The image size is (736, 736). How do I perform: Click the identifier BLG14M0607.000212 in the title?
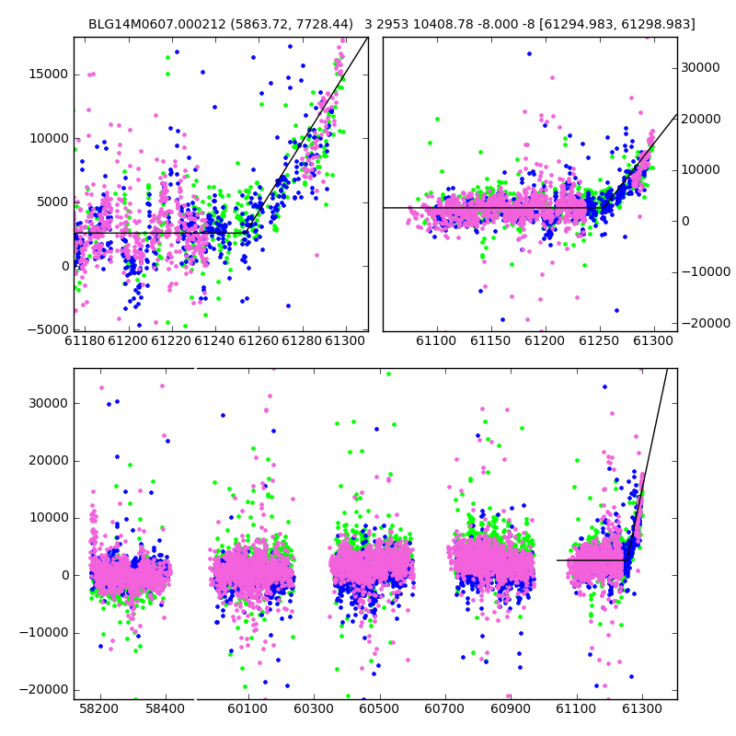tap(156, 24)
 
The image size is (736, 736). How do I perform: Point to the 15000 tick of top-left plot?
tap(49, 75)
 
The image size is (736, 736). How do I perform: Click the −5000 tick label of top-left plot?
tap(48, 330)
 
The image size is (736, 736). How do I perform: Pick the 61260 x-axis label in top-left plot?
tap(259, 340)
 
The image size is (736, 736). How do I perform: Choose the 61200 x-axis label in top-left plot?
tap(128, 340)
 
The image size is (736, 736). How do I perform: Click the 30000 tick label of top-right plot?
tap(700, 67)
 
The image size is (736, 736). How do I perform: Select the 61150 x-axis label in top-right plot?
tap(490, 340)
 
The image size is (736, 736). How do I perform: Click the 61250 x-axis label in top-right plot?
tap(599, 340)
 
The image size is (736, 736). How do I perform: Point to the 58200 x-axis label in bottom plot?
tap(99, 708)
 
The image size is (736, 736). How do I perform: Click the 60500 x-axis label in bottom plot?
tap(379, 708)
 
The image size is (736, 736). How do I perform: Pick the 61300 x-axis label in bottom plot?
tap(641, 708)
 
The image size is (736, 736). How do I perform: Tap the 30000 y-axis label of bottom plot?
tap(49, 404)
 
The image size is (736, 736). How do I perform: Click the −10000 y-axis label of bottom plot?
tap(44, 633)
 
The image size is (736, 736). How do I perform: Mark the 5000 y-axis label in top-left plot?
tap(52, 202)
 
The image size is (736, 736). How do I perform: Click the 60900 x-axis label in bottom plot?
tap(511, 708)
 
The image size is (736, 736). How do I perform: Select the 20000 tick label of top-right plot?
tap(700, 119)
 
